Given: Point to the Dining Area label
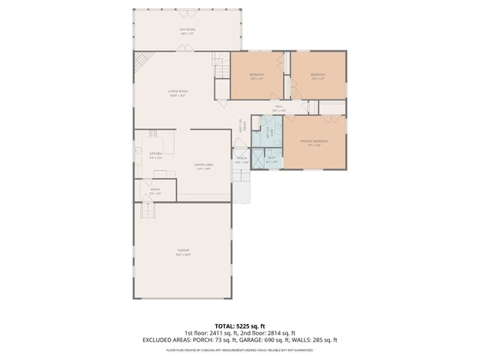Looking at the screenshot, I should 203,166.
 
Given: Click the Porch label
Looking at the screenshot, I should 241,159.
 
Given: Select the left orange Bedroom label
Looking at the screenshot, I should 256,76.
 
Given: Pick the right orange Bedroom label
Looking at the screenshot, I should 318,76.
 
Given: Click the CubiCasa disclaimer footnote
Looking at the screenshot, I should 240,349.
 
